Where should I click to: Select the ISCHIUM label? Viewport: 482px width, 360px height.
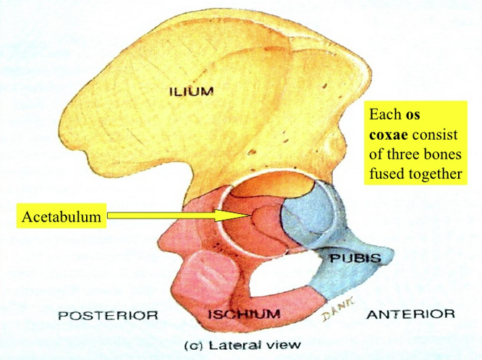point(244,314)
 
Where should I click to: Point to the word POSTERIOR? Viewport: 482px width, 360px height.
point(108,315)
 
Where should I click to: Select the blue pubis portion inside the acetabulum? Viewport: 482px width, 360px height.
point(308,217)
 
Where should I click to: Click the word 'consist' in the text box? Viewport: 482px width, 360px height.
point(439,135)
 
